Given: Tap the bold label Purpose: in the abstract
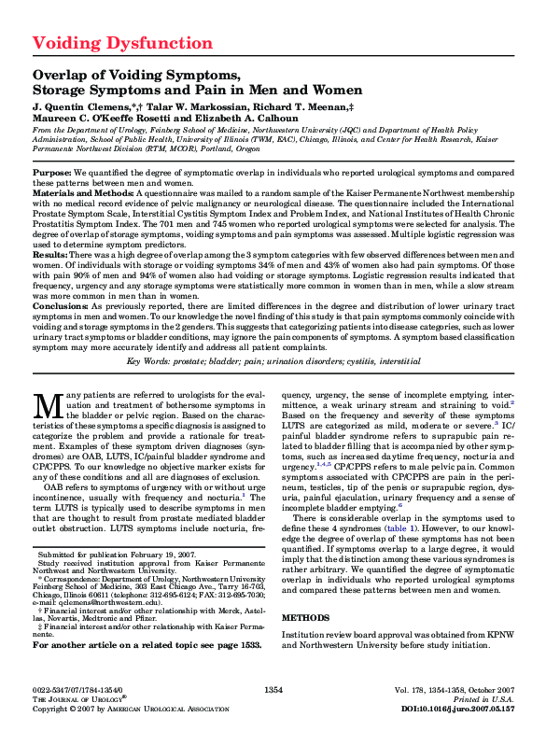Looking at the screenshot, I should click(x=51, y=174).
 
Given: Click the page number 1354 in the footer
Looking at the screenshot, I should click(x=273, y=688).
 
